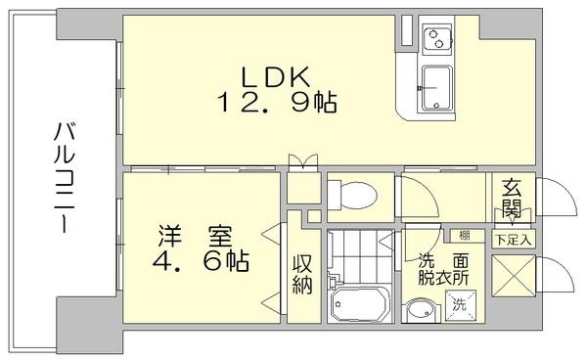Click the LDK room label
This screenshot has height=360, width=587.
click(x=276, y=77)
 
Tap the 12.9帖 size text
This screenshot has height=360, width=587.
click(x=277, y=102)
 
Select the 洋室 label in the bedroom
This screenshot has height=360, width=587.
click(x=195, y=236)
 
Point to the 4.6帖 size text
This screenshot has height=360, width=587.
click(x=201, y=261)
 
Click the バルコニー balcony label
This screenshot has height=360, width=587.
click(x=65, y=177)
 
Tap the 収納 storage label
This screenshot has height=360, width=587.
click(x=302, y=274)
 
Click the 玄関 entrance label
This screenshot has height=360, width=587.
click(x=512, y=199)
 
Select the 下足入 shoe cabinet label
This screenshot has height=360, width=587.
click(x=514, y=240)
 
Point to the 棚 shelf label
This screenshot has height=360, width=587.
click(x=464, y=236)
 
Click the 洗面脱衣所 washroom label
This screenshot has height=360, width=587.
click(x=443, y=269)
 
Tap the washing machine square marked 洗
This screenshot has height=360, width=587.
click(x=460, y=306)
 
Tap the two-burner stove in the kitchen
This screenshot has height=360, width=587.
click(x=437, y=39)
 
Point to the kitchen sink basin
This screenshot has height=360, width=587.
click(x=437, y=88)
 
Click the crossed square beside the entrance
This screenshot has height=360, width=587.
click(x=514, y=276)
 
